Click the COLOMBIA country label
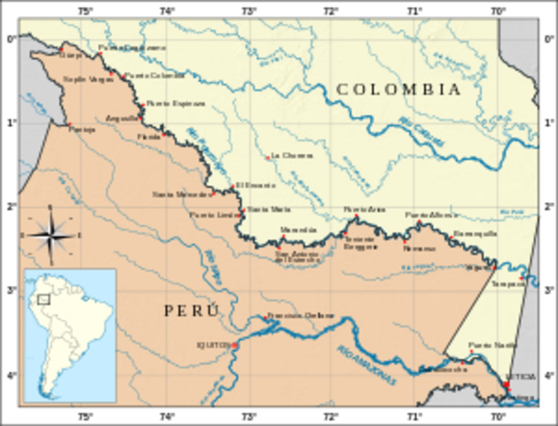click(x=398, y=90)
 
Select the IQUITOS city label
click(x=213, y=344)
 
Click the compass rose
click(x=51, y=235)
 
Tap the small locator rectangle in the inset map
click(x=43, y=299)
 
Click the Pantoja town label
click(x=81, y=129)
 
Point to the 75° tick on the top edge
click(x=84, y=11)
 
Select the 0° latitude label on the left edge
click(x=11, y=38)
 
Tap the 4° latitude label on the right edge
click(x=548, y=376)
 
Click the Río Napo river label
click(x=214, y=262)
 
